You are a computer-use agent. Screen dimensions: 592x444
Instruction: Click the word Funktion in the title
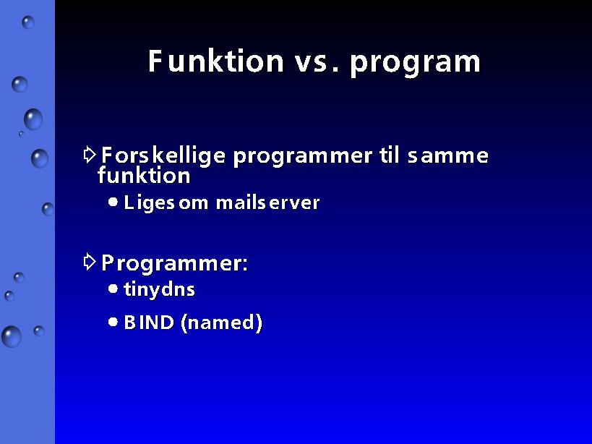click(x=215, y=61)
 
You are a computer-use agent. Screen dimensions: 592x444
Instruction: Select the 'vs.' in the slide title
click(x=317, y=62)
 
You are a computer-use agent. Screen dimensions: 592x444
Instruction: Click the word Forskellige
click(x=163, y=156)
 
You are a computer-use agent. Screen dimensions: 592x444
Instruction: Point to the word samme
click(x=448, y=156)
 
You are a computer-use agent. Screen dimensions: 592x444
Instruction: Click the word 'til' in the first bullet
click(x=390, y=155)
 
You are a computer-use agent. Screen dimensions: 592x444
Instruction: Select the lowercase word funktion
click(x=144, y=176)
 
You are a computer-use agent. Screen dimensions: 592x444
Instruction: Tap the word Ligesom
click(x=166, y=203)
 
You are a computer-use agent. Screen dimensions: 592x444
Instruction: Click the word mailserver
click(x=267, y=202)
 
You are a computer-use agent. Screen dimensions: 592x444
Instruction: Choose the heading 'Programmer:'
click(x=174, y=263)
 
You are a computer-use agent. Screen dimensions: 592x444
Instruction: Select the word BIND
click(x=149, y=322)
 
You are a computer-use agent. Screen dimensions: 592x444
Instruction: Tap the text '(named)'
click(x=221, y=323)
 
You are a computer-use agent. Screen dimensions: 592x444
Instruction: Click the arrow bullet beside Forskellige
click(x=90, y=155)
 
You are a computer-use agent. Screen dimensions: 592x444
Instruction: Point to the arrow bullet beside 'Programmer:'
click(x=90, y=262)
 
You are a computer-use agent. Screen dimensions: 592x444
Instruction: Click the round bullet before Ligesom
click(x=113, y=202)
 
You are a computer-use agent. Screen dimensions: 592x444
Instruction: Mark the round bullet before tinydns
click(x=113, y=289)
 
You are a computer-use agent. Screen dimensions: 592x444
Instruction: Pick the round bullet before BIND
click(x=113, y=322)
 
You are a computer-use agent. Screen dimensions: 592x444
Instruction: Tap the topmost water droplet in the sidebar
click(x=28, y=22)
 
